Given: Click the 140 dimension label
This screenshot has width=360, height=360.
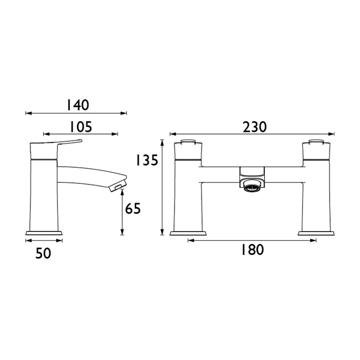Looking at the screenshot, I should click(x=78, y=105).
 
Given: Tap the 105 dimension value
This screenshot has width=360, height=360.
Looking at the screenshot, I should click(x=81, y=127).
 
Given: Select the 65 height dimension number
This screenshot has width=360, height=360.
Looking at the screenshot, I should click(x=133, y=209).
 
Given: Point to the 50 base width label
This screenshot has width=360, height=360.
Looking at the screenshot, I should click(x=44, y=253).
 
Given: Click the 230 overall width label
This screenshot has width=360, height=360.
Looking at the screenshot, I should click(x=254, y=127).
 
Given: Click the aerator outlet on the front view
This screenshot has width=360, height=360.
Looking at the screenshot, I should click(x=252, y=187).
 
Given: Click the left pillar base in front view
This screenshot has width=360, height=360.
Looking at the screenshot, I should click(x=188, y=232).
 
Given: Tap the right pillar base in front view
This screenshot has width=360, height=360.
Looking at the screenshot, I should click(x=316, y=232).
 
